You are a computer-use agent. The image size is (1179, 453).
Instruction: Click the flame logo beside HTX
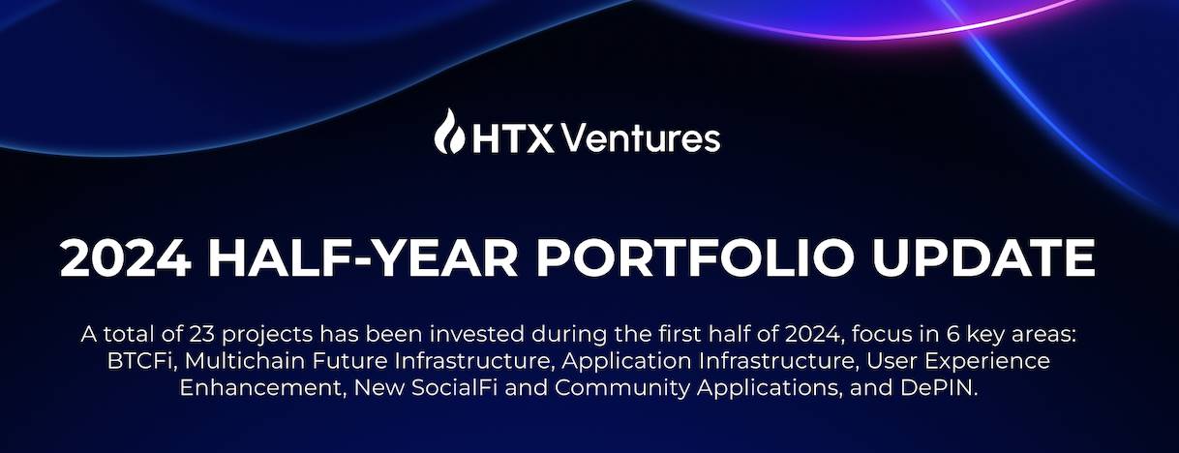click(x=449, y=132)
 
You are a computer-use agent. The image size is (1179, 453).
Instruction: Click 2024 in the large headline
click(x=125, y=258)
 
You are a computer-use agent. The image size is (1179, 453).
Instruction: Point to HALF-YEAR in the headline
click(x=363, y=258)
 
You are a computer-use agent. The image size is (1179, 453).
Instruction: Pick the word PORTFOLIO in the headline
click(x=694, y=258)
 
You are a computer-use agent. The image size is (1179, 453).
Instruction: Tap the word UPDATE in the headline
click(x=983, y=258)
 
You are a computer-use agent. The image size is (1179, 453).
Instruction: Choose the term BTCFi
click(x=140, y=361)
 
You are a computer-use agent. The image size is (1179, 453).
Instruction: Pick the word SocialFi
click(x=455, y=388)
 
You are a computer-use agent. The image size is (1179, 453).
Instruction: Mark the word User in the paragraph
click(x=892, y=361)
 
